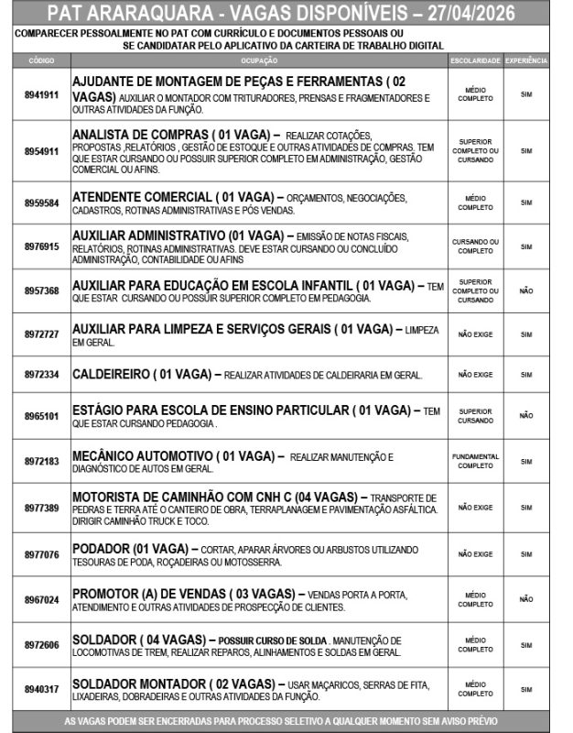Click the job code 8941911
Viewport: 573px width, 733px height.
(x=41, y=95)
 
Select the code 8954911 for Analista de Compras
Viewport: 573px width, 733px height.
(x=41, y=151)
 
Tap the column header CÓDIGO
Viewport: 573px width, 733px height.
(x=41, y=60)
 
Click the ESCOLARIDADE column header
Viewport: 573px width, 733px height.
(x=475, y=60)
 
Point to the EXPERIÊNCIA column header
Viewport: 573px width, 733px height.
(x=526, y=60)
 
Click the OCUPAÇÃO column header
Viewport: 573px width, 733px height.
(x=259, y=60)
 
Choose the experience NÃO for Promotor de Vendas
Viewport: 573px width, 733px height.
(x=526, y=599)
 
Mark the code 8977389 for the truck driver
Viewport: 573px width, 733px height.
(x=41, y=508)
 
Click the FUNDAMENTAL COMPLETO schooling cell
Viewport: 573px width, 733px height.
(x=475, y=461)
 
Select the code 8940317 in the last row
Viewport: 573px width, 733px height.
(x=41, y=689)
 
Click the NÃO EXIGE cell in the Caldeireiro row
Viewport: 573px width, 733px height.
(x=475, y=375)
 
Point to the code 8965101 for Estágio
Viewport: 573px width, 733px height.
(x=41, y=416)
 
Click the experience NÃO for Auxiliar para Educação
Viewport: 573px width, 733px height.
(x=526, y=290)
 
